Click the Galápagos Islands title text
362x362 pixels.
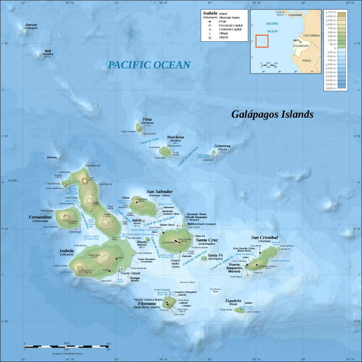click(x=272, y=115)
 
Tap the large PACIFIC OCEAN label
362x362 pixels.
click(x=149, y=65)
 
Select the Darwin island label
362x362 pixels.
click(x=31, y=25)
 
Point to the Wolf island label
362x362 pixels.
click(x=48, y=51)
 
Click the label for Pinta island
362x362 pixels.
click(x=147, y=120)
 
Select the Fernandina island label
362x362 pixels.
click(x=40, y=217)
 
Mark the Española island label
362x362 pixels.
click(x=233, y=301)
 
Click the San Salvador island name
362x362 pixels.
click(x=159, y=192)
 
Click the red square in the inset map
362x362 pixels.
click(x=262, y=41)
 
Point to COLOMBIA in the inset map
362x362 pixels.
click(x=311, y=35)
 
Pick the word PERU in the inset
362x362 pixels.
click(x=306, y=60)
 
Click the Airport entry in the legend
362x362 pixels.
click(x=221, y=37)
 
